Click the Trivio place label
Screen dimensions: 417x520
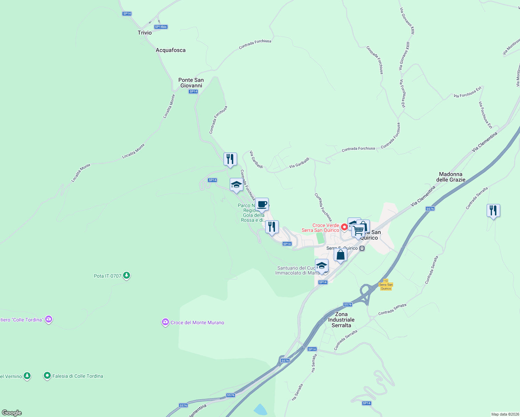coord(145,33)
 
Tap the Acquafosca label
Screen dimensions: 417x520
coord(170,50)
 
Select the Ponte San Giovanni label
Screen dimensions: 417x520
coord(191,83)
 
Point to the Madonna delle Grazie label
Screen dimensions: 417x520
coord(450,177)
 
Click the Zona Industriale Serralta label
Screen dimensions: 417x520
coord(341,320)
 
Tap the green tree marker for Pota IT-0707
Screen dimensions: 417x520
coord(127,276)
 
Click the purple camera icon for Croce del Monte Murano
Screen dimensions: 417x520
coord(165,322)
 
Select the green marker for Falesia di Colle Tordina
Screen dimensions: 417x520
coord(47,376)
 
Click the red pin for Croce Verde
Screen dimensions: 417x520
coord(344,227)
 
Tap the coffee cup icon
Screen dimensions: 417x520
coord(262,204)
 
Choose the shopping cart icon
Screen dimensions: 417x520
coord(358,230)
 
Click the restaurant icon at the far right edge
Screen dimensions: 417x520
coord(493,211)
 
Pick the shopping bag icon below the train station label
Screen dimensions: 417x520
coord(340,255)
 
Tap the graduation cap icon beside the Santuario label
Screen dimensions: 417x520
coord(322,266)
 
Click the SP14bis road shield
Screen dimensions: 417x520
coord(161,27)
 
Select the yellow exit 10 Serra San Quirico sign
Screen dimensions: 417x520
coord(386,285)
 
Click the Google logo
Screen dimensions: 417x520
coord(11,412)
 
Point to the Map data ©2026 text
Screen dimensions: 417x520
coord(505,414)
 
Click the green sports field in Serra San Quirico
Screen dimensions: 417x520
coord(319,238)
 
